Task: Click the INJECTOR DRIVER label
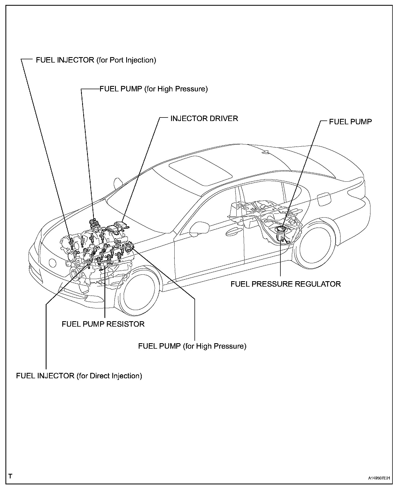[204, 119]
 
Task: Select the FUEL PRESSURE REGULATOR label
[286, 284]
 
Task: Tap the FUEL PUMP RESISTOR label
[103, 324]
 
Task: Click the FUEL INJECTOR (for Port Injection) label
[96, 60]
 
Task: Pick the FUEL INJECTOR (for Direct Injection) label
[79, 376]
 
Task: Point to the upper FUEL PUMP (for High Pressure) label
[154, 89]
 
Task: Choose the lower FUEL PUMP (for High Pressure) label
[192, 346]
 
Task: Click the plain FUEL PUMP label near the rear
[350, 122]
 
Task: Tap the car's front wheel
[139, 291]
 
